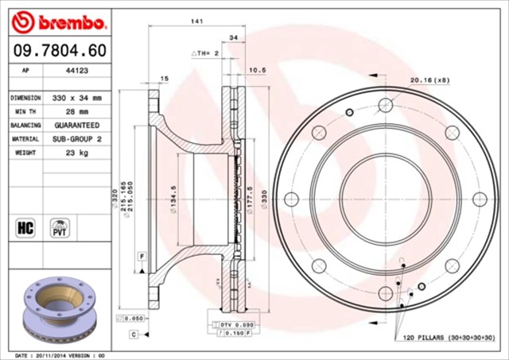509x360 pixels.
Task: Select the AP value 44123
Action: click(x=76, y=70)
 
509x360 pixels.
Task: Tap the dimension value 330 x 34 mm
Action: click(x=76, y=98)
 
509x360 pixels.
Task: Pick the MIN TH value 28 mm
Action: click(x=76, y=112)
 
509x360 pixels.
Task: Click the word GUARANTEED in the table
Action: click(x=76, y=126)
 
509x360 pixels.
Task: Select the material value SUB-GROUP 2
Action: click(x=76, y=139)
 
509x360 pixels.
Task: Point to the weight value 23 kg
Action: click(x=76, y=153)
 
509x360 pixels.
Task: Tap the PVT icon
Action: click(x=60, y=227)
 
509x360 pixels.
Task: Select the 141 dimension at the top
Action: click(x=194, y=23)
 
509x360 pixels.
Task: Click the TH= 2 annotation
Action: click(x=204, y=52)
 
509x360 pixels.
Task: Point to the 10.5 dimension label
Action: click(x=257, y=70)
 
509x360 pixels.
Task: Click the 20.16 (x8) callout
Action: click(x=429, y=79)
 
